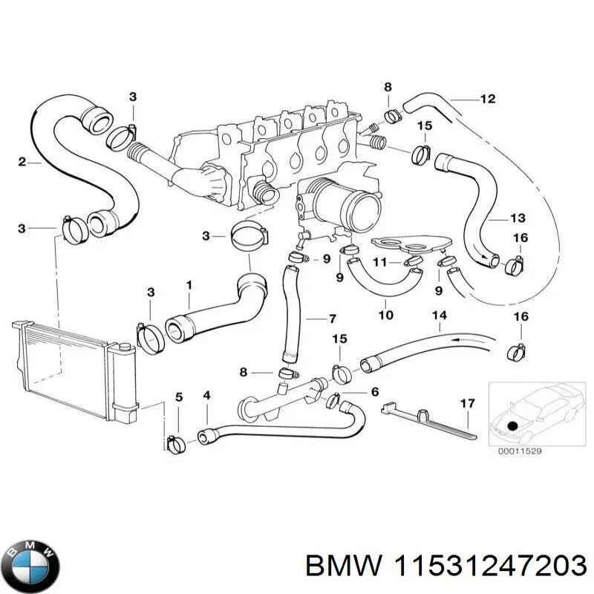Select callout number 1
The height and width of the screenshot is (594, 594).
coord(189,284)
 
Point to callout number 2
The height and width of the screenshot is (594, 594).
coord(22,161)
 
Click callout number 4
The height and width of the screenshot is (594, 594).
coord(206,395)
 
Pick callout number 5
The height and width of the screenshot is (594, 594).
coord(177,396)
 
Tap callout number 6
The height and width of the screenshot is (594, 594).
coord(375,391)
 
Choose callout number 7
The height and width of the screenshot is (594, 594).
coord(333,319)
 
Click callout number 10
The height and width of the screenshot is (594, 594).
coord(385,314)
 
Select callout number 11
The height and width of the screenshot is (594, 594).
coord(379,262)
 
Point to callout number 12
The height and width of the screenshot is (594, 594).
coord(487,98)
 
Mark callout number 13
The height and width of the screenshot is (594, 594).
coord(518,218)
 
